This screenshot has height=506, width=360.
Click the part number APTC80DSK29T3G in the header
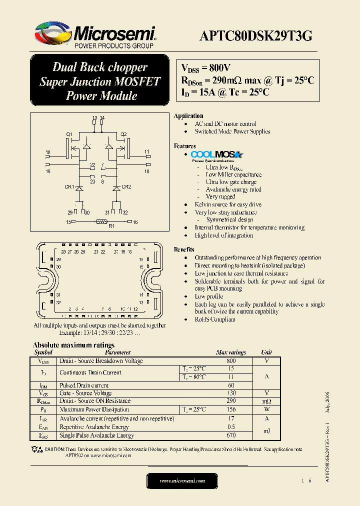tap(256, 35)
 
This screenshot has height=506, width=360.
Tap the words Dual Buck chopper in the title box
tap(100, 67)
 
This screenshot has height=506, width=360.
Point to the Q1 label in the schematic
tap(69, 134)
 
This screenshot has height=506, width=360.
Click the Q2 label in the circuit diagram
tap(123, 134)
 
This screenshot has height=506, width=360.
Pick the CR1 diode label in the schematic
tap(69, 187)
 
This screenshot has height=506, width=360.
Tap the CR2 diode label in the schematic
tap(126, 187)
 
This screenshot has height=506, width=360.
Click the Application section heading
tap(188, 116)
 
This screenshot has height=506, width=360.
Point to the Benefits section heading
tap(184, 249)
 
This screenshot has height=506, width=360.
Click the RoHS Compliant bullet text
tap(215, 319)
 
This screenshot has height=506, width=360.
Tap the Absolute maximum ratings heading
tap(73, 345)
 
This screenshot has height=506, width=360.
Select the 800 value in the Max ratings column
tap(230, 360)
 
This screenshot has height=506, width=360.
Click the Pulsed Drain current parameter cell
tap(84, 385)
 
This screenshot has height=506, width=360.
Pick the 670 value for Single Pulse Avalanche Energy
tap(230, 435)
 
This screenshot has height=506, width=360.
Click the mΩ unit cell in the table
tap(266, 401)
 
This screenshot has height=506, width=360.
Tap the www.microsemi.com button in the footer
tap(182, 480)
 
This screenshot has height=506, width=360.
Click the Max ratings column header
tap(230, 352)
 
